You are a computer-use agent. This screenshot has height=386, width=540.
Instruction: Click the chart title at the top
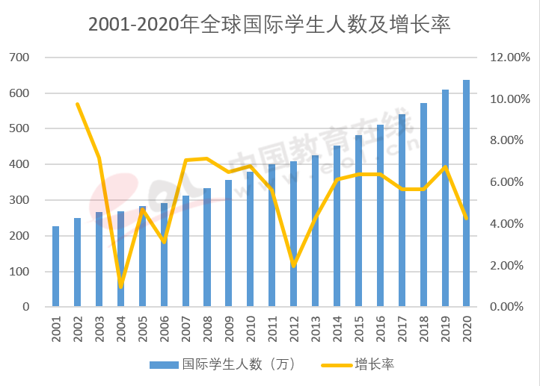[x=269, y=24]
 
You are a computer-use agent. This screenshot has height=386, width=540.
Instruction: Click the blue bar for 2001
[x=55, y=266]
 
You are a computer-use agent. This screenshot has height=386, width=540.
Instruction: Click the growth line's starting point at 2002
[x=77, y=104]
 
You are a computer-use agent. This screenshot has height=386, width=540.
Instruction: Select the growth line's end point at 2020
[x=467, y=218]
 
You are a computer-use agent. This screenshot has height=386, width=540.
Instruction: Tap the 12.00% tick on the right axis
[x=509, y=57]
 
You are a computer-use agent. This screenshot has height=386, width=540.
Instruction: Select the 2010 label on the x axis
[x=251, y=329]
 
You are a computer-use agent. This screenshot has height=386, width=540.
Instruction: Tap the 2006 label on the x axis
[x=164, y=329]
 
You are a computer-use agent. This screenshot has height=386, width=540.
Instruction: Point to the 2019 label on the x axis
[x=445, y=329]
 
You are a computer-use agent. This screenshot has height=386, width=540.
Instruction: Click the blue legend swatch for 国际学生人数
[x=163, y=365]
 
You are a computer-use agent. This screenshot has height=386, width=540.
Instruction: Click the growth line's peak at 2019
[x=445, y=167]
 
